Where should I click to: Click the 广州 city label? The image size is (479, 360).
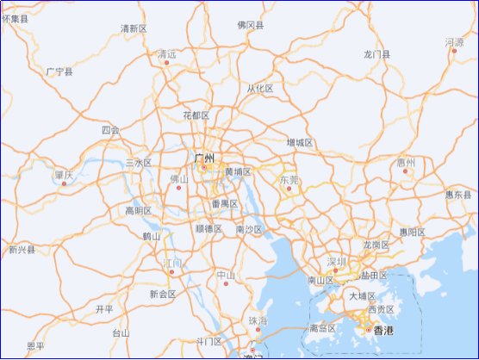click(x=204, y=158)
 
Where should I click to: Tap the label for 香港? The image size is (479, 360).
click(x=382, y=330)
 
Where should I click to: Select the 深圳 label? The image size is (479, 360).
click(x=336, y=261)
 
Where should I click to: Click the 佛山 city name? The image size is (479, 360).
click(x=178, y=178)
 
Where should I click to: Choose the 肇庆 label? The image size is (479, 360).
click(x=64, y=175)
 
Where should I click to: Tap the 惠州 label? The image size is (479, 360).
click(x=406, y=162)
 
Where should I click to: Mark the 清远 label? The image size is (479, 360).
click(x=166, y=53)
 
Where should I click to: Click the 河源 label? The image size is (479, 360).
click(x=454, y=41)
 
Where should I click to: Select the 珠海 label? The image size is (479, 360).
click(x=258, y=320)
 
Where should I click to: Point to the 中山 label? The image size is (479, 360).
click(x=226, y=275)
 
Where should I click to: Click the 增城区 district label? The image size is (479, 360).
click(x=300, y=143)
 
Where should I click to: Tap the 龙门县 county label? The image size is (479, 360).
click(x=376, y=54)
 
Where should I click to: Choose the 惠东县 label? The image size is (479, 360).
click(x=459, y=194)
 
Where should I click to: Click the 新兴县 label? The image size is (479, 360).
click(x=22, y=250)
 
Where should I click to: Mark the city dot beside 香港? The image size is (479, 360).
click(x=368, y=330)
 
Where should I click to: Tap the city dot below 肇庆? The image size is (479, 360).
click(x=64, y=183)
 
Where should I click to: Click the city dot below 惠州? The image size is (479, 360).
click(x=406, y=171)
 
